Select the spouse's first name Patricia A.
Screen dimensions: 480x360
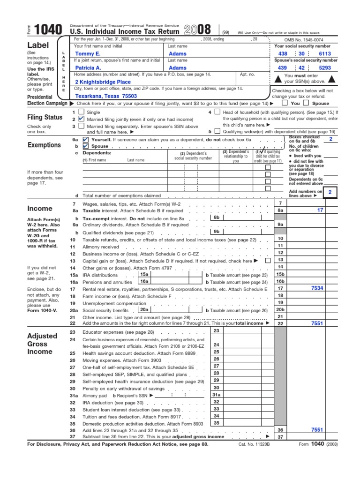click(x=89, y=67)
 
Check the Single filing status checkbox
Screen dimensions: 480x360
click(x=82, y=112)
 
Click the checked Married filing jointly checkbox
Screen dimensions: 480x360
click(x=82, y=119)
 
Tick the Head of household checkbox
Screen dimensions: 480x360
click(x=217, y=112)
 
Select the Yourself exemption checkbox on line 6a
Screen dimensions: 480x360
click(x=85, y=140)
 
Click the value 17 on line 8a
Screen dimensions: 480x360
click(x=320, y=210)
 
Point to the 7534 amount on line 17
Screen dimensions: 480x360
click(x=317, y=288)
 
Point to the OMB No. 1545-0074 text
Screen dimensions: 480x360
click(x=306, y=40)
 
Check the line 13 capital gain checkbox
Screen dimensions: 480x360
click(x=267, y=260)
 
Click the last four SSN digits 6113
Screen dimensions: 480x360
click(x=325, y=54)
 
